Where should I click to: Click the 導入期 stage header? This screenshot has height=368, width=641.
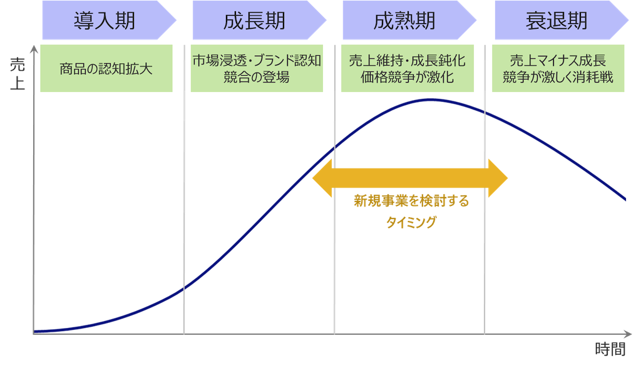tap(104, 21)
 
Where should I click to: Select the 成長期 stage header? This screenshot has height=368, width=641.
tap(254, 21)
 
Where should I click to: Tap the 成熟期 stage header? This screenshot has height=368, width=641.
tap(404, 21)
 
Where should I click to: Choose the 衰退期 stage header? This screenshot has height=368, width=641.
tap(556, 21)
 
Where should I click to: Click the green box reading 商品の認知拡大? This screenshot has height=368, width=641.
tap(106, 68)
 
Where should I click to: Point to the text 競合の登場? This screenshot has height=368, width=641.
tap(257, 78)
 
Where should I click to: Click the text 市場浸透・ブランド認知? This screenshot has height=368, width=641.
tap(257, 61)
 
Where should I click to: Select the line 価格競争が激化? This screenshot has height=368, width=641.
tap(407, 78)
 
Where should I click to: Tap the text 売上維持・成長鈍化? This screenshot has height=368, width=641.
tap(407, 61)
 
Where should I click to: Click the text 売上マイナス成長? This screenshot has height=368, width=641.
tap(557, 61)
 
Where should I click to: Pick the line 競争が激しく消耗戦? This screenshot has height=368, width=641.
tap(557, 78)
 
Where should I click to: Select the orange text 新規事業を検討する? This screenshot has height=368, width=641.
tap(411, 202)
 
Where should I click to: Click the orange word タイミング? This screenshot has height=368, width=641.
tap(411, 222)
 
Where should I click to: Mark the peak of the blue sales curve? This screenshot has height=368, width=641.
tap(433, 99)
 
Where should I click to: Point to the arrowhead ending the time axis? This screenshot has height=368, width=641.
tap(628, 333)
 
